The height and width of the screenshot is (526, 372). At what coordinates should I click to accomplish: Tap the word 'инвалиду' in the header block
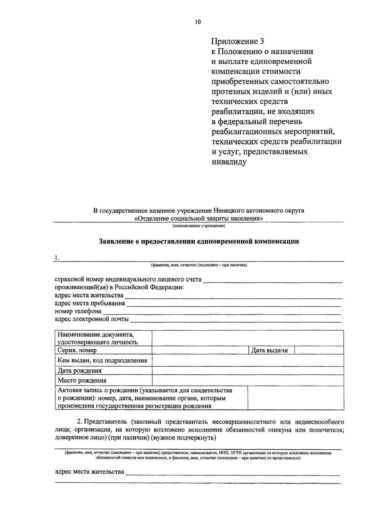[x=229, y=162]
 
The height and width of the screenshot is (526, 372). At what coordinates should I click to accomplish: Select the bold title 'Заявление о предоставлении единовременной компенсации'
[x=199, y=241]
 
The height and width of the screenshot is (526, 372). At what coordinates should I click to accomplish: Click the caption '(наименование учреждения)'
[x=199, y=226]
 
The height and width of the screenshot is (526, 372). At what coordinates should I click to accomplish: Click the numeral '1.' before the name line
[x=57, y=258]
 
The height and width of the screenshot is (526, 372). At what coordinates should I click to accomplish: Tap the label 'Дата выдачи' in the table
[x=269, y=350]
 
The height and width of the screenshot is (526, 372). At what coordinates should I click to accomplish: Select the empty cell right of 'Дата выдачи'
[x=319, y=350]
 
